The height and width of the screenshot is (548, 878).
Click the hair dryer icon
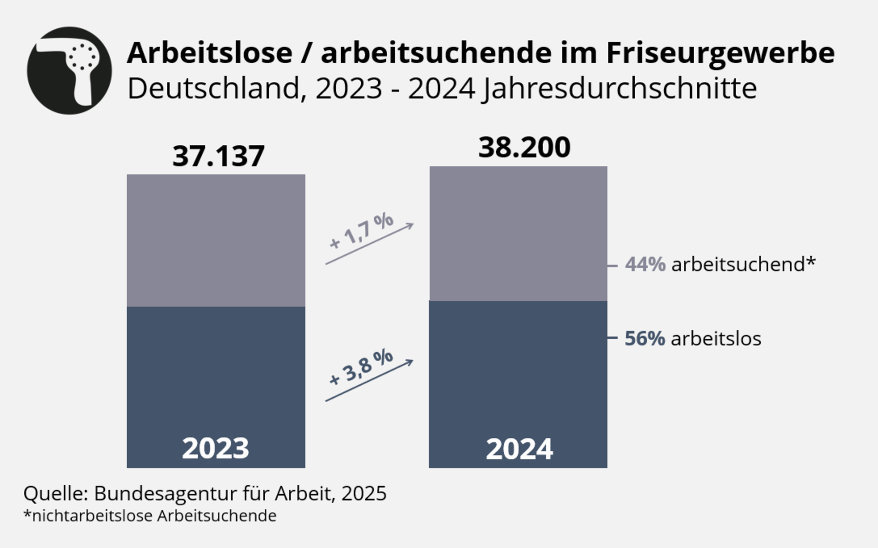click(70, 70)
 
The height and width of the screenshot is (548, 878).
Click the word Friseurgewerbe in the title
click(720, 53)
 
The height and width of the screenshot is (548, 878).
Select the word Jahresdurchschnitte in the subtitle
click(620, 89)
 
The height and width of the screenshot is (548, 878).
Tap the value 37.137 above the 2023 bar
click(218, 156)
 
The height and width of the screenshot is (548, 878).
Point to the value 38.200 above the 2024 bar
click(524, 148)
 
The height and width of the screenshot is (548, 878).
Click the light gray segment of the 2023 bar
click(216, 240)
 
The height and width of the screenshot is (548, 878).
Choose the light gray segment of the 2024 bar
click(518, 233)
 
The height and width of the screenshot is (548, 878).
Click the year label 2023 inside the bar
click(215, 448)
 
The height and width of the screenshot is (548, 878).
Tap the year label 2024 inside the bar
click(519, 449)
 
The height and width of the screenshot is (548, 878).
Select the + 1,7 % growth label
click(361, 231)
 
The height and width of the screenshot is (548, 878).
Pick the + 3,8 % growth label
click(361, 367)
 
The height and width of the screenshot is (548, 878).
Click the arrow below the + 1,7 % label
click(369, 244)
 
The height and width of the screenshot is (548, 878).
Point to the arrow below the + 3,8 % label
click(369, 381)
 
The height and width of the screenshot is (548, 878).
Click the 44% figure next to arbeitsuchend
click(645, 264)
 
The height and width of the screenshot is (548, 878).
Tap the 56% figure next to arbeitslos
click(645, 339)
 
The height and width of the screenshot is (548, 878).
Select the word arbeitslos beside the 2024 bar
click(716, 339)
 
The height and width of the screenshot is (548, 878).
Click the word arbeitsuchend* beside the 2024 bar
click(743, 264)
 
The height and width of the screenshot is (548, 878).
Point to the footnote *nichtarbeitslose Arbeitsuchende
click(150, 516)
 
